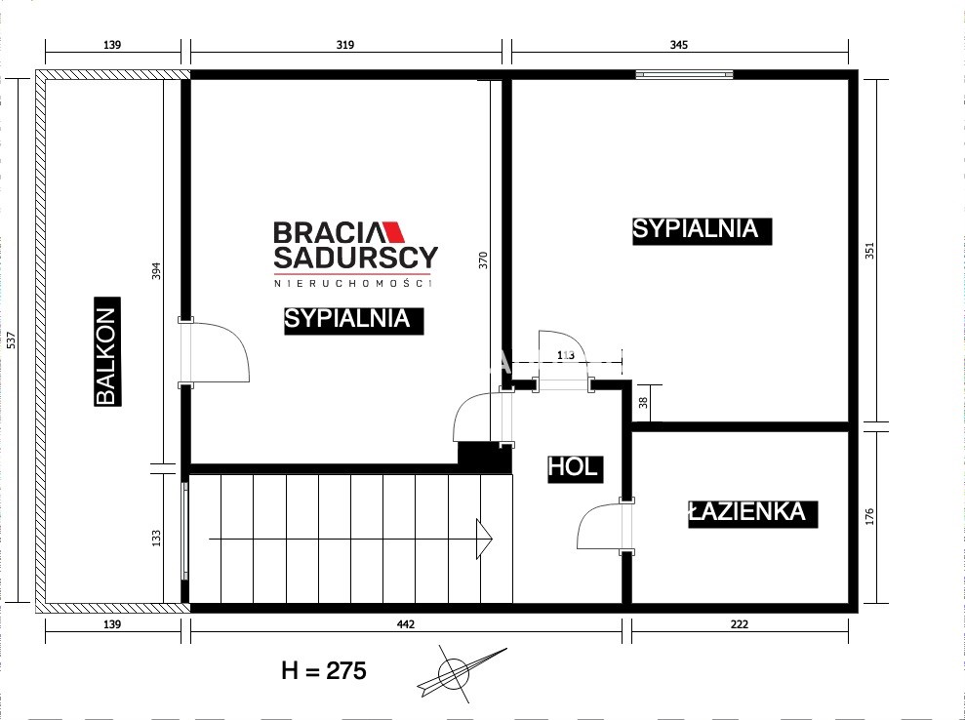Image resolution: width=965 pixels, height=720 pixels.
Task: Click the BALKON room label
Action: click(107, 351)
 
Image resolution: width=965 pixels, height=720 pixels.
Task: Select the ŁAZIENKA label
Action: click(752, 513)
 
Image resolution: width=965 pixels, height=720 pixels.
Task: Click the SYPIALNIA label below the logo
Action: click(354, 321)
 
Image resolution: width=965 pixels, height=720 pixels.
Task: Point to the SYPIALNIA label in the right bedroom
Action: click(703, 231)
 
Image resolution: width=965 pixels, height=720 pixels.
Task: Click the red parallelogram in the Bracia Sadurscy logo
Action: click(393, 231)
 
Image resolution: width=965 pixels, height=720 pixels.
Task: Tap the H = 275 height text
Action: click(324, 670)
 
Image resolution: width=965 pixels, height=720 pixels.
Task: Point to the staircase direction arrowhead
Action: click(484, 540)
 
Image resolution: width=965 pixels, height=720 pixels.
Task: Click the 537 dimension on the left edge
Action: click(11, 340)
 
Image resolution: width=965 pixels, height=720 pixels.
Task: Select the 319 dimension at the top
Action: click(345, 45)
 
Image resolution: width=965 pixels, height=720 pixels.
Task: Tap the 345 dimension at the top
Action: click(678, 45)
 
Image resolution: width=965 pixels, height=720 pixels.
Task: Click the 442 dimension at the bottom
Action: click(406, 624)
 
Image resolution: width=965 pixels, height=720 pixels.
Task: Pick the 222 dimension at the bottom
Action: click(740, 624)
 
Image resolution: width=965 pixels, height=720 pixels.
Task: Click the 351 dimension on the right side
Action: click(869, 251)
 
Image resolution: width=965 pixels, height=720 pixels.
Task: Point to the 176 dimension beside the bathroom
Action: click(869, 516)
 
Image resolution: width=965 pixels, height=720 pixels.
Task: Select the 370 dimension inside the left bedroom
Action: click(483, 260)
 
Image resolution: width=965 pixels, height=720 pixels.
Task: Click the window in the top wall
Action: click(684, 74)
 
